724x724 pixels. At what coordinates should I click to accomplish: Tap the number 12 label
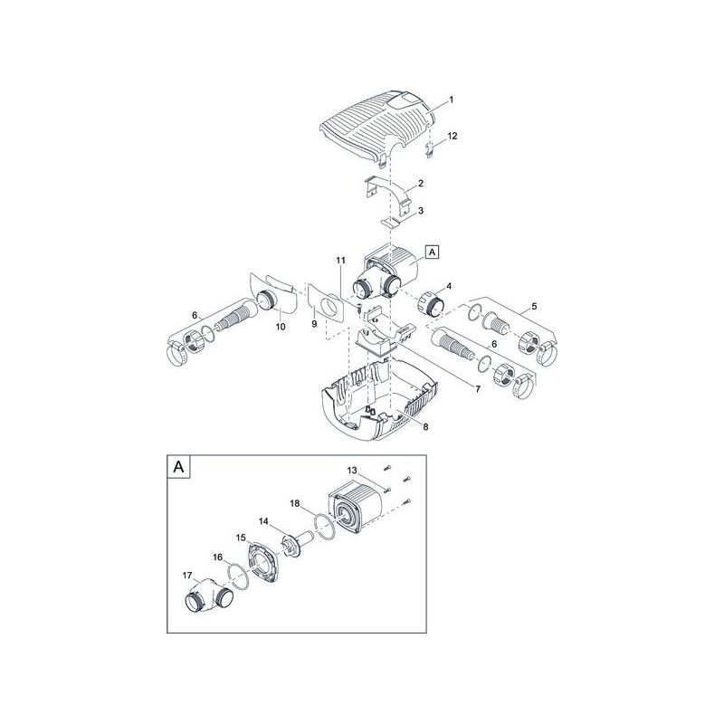pos(452,136)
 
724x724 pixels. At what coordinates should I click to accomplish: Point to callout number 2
pos(420,184)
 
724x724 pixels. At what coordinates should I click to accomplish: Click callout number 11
pos(340,262)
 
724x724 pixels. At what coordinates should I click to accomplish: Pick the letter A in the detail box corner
pos(177,468)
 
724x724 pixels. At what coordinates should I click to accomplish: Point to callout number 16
pos(217,558)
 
